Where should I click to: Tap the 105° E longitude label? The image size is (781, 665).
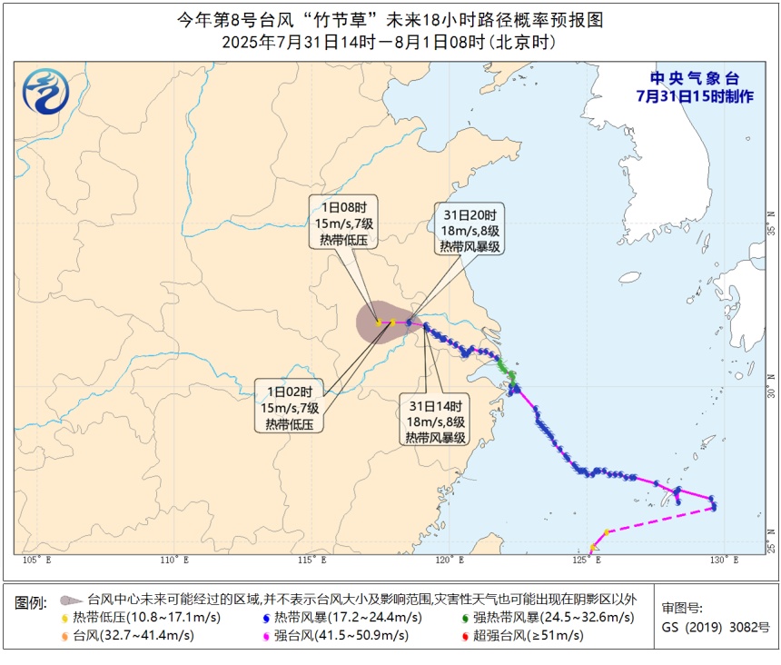35,560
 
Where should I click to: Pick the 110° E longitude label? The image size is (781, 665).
172,560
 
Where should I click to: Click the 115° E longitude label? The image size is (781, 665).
308,560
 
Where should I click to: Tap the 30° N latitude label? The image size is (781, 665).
771,392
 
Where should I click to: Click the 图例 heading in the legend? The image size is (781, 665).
32,602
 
